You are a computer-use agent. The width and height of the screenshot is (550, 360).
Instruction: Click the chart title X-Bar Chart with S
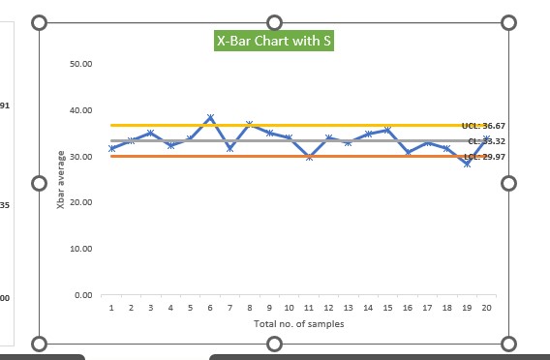275,41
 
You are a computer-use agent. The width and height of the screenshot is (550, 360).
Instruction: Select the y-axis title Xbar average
61,180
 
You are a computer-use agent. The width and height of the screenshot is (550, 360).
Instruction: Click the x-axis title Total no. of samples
298,324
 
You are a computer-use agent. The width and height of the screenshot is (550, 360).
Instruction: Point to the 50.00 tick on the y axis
81,64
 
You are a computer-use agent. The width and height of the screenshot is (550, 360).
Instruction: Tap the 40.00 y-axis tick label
81,110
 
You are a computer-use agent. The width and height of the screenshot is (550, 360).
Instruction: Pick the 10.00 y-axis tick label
81,249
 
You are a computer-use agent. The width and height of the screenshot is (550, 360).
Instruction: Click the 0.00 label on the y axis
83,295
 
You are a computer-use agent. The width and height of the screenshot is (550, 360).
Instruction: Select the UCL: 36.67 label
483,126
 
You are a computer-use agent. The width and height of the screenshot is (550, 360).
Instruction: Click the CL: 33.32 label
486,141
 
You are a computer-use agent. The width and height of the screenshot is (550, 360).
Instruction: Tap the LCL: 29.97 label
484,157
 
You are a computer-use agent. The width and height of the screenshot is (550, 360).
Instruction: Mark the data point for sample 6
210,118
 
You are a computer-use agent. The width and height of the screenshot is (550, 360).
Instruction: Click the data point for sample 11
309,156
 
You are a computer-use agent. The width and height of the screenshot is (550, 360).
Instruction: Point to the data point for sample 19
467,164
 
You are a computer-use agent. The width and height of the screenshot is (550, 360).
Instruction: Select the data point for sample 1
111,148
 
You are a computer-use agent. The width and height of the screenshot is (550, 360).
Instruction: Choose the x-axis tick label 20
486,307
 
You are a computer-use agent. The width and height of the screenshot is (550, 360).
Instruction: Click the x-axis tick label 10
289,307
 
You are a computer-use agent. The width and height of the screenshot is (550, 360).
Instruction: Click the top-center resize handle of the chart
274,22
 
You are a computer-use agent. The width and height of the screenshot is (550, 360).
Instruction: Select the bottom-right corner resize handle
509,343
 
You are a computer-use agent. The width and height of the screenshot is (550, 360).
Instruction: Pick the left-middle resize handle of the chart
40,183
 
